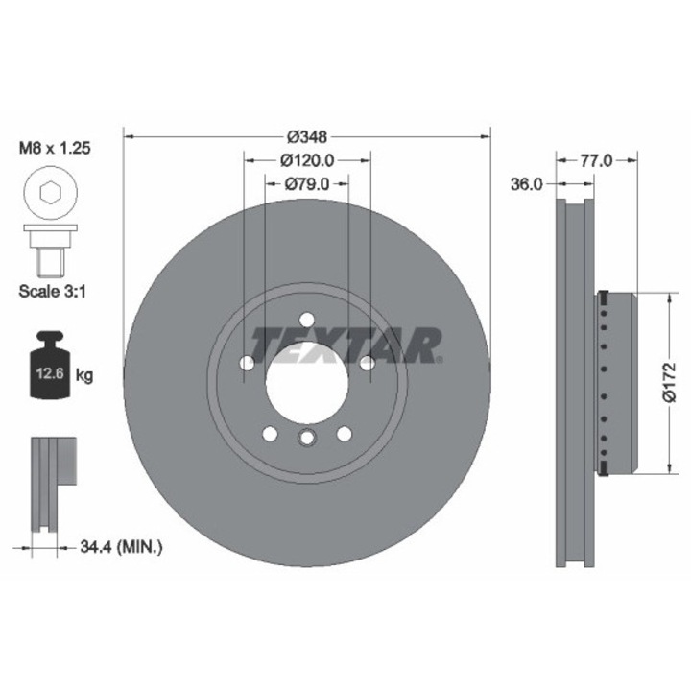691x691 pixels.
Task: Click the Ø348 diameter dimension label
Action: pyautogui.click(x=307, y=137)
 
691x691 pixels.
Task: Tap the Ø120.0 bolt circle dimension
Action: pyautogui.click(x=307, y=160)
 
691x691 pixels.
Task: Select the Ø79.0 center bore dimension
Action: pyautogui.click(x=307, y=183)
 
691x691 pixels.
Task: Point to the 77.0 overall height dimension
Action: pyautogui.click(x=596, y=161)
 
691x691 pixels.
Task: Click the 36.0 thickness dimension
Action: pyautogui.click(x=527, y=184)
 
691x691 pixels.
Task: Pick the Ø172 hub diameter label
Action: pyautogui.click(x=669, y=382)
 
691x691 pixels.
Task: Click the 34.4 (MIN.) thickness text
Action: pyautogui.click(x=121, y=547)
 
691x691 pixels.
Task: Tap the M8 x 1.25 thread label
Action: pyautogui.click(x=55, y=148)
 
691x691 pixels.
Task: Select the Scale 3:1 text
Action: pyautogui.click(x=53, y=291)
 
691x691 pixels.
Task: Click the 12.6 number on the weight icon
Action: pyautogui.click(x=50, y=373)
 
